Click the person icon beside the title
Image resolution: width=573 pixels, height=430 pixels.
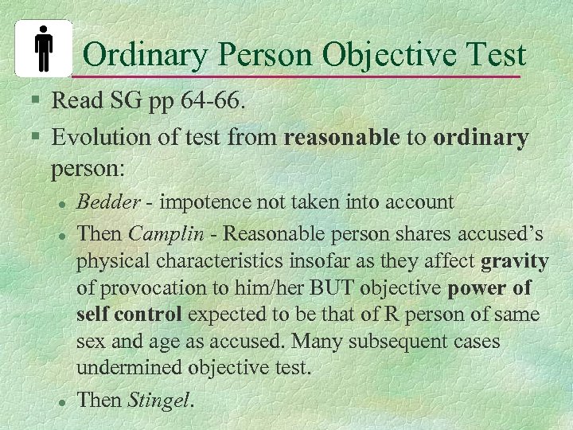[44, 48]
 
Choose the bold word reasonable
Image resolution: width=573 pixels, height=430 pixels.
[341, 138]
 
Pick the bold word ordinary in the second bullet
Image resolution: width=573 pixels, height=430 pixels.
[481, 138]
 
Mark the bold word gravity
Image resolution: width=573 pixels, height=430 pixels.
[515, 261]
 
